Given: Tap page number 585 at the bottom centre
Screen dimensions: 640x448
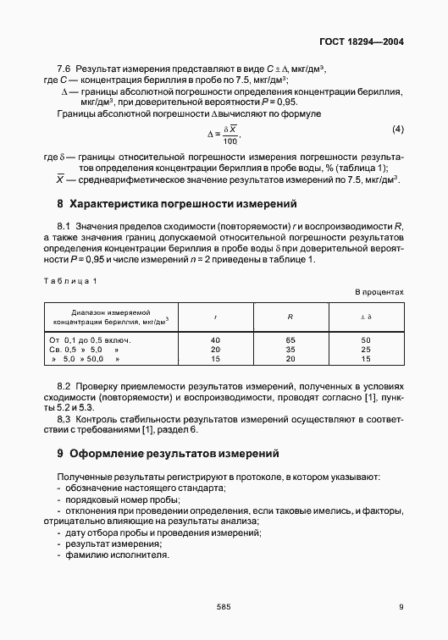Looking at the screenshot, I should pos(224,606).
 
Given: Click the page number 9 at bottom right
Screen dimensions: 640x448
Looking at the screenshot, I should pos(401,606).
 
